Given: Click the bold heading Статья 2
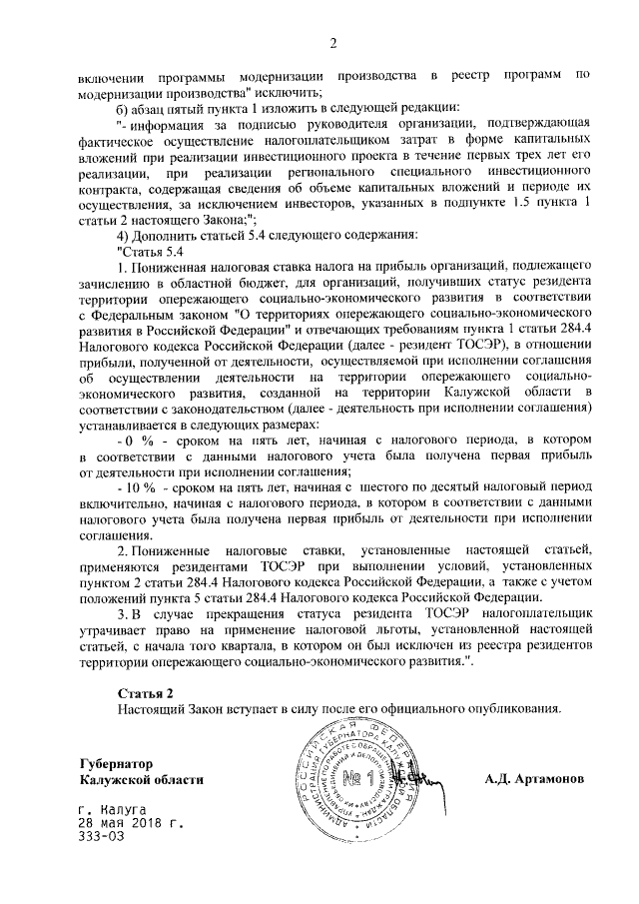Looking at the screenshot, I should click(x=146, y=692).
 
